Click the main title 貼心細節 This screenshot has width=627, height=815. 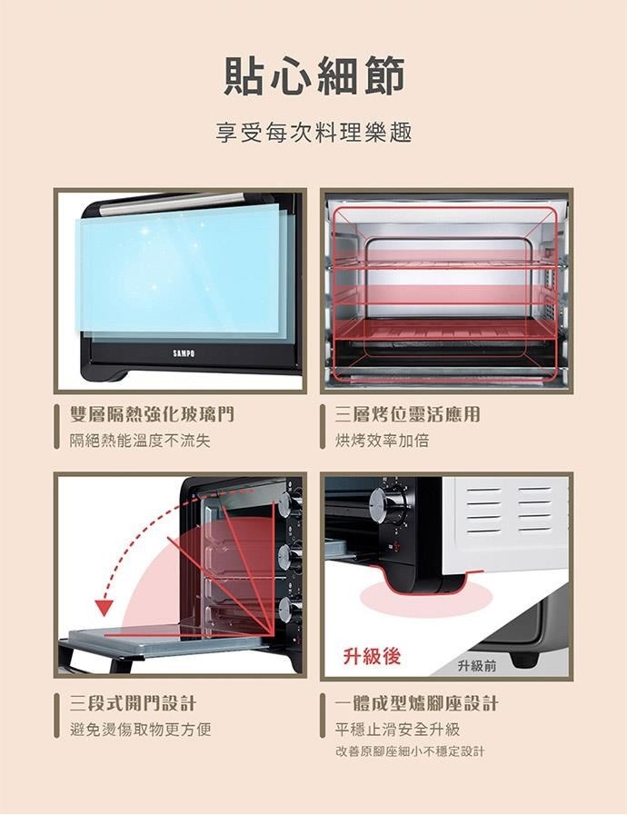coord(313,75)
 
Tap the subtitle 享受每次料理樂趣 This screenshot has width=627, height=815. coord(313,134)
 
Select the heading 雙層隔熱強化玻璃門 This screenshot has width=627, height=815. coord(152,415)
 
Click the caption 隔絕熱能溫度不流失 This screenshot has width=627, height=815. coord(140,442)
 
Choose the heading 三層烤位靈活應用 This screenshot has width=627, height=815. coord(407,415)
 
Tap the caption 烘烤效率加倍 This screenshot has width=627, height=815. coord(382,442)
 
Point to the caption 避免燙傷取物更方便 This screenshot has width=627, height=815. coord(140,730)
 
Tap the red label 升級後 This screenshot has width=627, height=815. coord(372,656)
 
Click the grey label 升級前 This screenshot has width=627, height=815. coord(477,666)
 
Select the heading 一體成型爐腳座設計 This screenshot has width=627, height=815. coord(416,703)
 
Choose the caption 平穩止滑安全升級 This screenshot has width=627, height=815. coord(397,730)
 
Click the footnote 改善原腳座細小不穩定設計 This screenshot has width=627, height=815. coord(410,752)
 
